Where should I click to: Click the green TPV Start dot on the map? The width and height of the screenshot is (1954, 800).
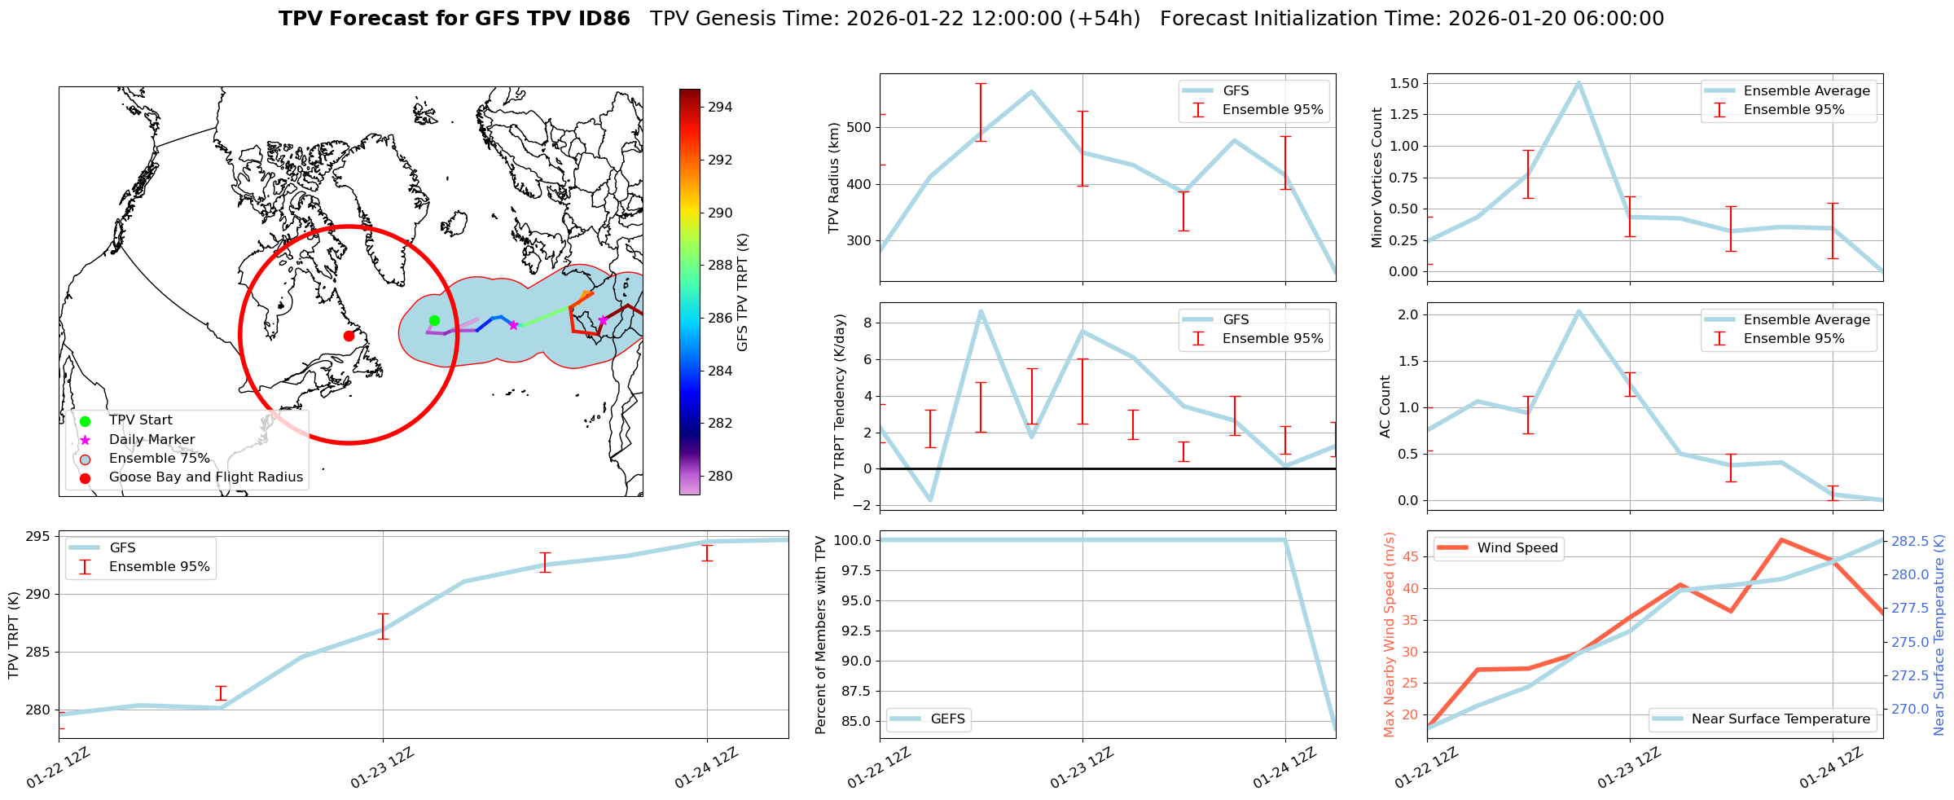click(434, 320)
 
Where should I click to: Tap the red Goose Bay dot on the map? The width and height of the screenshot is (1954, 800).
click(349, 336)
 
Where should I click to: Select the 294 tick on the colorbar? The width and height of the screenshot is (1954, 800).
click(720, 107)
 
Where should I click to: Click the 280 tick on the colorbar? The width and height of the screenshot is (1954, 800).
click(720, 476)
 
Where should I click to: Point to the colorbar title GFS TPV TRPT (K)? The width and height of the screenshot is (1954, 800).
click(742, 292)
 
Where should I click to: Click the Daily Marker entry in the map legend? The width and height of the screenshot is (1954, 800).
click(151, 439)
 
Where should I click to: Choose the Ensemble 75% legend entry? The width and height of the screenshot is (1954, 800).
click(159, 458)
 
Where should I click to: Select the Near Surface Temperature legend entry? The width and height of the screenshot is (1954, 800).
click(1781, 719)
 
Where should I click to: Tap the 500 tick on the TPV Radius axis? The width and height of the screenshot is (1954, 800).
click(860, 127)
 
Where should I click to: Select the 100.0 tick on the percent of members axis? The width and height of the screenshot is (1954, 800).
click(852, 540)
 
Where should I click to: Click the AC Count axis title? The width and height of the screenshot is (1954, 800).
click(1385, 407)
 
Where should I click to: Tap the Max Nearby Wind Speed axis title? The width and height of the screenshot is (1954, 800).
click(1390, 635)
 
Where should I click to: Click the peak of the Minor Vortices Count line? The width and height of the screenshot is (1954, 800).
click(1579, 83)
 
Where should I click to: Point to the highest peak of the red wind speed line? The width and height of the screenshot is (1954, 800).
click(1782, 539)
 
